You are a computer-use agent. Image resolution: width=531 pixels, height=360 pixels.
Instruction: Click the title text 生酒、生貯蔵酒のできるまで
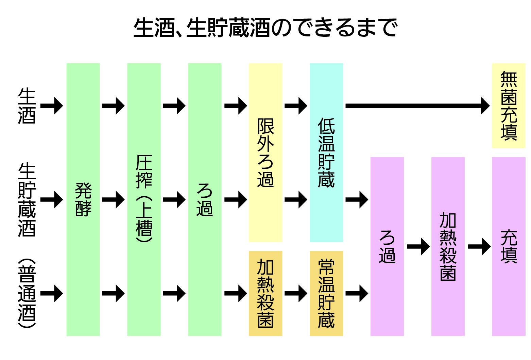coord(265,28)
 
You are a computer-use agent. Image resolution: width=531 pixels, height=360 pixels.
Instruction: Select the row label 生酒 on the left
coord(27,106)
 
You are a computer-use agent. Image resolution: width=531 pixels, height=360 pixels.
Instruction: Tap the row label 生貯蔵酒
coord(27,199)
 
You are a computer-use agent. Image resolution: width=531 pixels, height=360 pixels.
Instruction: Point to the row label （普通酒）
coord(27,293)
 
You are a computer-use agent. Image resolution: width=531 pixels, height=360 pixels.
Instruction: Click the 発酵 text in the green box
coord(83,199)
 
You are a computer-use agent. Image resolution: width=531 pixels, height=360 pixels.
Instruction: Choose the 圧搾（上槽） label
coord(144,199)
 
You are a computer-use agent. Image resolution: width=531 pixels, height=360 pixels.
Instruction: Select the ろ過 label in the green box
coord(205,199)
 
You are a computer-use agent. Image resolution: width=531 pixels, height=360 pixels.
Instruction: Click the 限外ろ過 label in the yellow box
coord(265,152)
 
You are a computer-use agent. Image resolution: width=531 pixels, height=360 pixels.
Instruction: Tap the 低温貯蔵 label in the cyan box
coord(326,152)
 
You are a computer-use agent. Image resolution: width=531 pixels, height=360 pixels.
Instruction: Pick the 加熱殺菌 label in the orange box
coord(265,293)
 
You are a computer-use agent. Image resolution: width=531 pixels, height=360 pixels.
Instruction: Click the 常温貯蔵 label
coord(326,293)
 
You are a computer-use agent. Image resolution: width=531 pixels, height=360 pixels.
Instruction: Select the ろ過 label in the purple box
coord(387,246)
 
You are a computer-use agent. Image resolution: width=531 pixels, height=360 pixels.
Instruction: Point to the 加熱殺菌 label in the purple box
coord(448,246)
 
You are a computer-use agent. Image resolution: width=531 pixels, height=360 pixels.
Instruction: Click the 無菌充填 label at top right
coord(509,106)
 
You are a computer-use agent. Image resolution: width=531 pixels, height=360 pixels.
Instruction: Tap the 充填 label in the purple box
coord(509,246)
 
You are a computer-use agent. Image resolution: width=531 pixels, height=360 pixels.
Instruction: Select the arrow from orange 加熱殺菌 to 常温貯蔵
coord(296,293)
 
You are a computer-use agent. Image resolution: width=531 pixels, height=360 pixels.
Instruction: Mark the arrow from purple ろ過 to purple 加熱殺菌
coord(418,246)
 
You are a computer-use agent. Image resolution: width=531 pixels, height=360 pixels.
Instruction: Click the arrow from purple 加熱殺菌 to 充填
coord(479,246)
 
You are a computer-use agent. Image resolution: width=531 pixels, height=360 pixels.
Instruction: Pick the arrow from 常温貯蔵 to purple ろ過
coord(357,293)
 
